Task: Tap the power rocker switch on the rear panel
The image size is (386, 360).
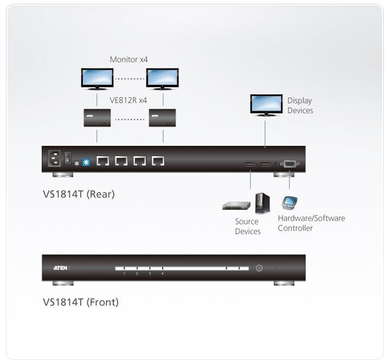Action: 68,159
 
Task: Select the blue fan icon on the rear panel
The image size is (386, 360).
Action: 86,162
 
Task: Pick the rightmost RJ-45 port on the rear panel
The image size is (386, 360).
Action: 158,160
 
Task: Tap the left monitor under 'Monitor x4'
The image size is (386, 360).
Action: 97,78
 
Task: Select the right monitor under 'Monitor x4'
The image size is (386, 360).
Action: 163,78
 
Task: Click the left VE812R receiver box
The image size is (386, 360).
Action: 97,117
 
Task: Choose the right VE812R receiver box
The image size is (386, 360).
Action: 163,117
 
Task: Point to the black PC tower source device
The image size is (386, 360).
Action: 260,202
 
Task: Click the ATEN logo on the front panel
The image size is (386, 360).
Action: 60,267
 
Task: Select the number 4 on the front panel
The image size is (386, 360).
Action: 163,274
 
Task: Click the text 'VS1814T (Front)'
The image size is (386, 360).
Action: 80,302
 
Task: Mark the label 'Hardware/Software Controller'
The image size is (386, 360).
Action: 311,223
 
